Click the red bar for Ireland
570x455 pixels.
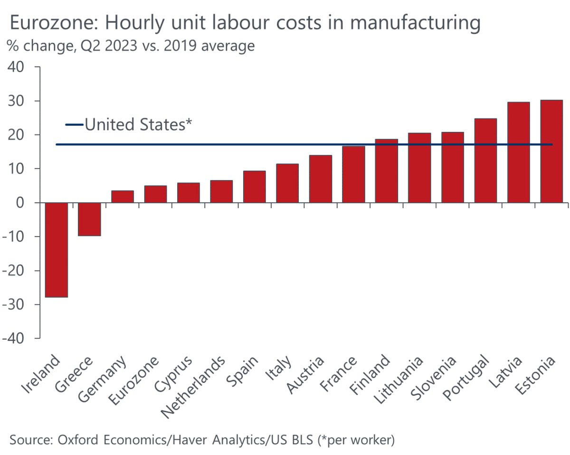[56, 250]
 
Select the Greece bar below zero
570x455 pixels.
[89, 219]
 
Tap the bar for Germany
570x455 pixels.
[122, 197]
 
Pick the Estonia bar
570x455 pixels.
[551, 152]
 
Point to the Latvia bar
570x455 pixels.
[518, 152]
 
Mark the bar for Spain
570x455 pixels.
[254, 187]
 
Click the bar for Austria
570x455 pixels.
[320, 179]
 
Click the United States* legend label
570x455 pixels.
[138, 125]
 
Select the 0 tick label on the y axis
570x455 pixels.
[22, 203]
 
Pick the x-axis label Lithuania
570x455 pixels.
[399, 380]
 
